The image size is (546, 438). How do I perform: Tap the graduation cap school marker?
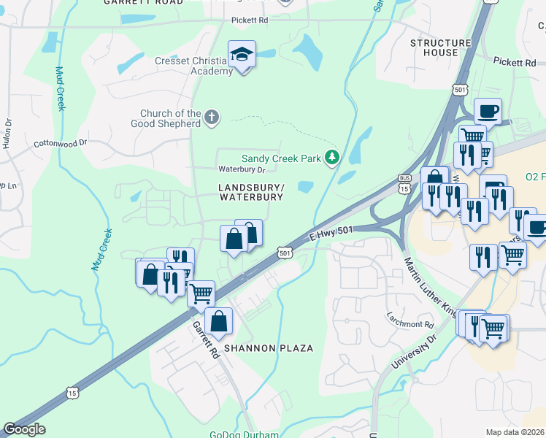(242, 55)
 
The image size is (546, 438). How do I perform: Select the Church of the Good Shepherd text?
(171, 118)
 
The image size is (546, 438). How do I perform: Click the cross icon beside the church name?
(212, 117)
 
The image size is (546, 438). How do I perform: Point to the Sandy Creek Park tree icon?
(332, 157)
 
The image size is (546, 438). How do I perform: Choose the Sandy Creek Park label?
(282, 158)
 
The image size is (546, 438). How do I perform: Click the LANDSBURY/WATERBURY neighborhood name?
(250, 193)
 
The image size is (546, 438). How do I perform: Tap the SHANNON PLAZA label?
(269, 348)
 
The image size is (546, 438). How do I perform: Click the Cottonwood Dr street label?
(60, 144)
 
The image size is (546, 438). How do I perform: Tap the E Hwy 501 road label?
(331, 232)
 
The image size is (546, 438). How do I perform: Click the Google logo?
(24, 429)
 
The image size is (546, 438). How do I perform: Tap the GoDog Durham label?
(244, 434)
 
